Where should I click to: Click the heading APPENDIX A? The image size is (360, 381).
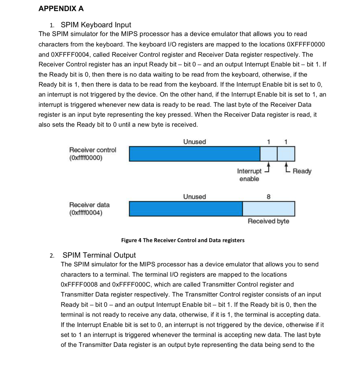click(x=61, y=9)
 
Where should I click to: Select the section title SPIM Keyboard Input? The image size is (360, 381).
click(x=96, y=25)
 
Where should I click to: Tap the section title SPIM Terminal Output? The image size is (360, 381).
click(x=99, y=255)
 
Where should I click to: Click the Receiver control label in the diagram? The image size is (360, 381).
click(x=93, y=150)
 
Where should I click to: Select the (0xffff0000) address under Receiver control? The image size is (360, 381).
click(x=86, y=158)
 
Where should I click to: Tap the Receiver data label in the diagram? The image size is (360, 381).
click(x=89, y=205)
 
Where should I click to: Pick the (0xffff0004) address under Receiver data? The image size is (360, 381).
click(x=86, y=213)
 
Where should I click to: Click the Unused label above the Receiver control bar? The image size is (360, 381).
click(x=194, y=142)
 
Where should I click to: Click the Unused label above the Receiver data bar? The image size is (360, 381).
click(x=194, y=196)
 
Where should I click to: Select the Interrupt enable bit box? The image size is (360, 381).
click(x=269, y=154)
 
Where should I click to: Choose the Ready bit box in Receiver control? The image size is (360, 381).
click(x=286, y=154)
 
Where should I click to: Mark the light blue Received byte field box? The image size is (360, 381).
click(x=269, y=209)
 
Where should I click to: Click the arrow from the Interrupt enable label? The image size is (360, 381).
click(x=267, y=167)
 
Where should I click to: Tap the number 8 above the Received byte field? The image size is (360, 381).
click(x=269, y=196)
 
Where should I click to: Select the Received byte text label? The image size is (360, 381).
click(x=268, y=221)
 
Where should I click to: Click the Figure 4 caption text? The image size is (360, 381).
click(x=183, y=240)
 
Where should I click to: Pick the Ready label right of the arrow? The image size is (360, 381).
click(x=302, y=171)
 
